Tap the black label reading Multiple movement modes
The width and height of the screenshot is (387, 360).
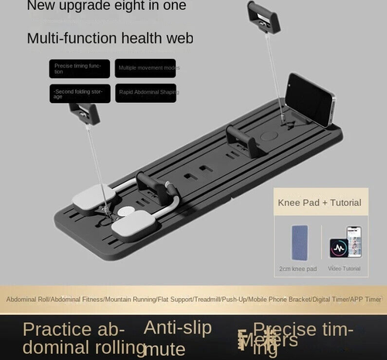[146, 69]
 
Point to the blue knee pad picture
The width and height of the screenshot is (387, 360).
[299, 242]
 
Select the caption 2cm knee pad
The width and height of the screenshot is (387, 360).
[298, 269]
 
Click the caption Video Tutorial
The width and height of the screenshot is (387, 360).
[344, 269]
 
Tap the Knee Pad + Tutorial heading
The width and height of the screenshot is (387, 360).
[319, 203]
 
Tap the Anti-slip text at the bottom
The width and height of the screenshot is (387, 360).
[177, 328]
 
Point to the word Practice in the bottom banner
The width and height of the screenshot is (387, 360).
[59, 329]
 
